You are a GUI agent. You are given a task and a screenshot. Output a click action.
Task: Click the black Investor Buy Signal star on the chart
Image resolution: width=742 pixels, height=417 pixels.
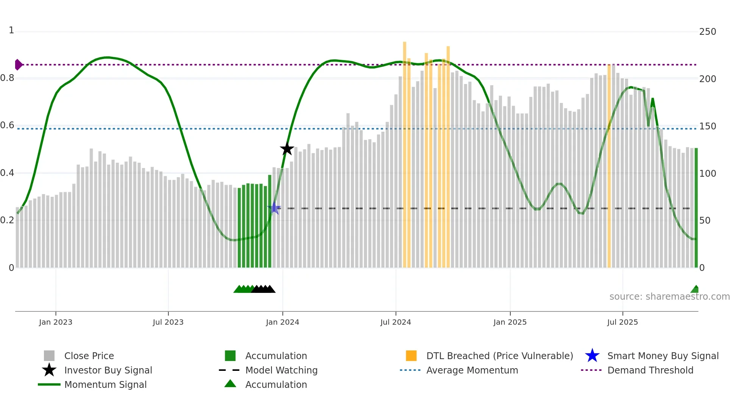(287, 149)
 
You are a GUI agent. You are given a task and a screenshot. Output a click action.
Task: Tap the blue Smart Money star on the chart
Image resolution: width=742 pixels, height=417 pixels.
(274, 208)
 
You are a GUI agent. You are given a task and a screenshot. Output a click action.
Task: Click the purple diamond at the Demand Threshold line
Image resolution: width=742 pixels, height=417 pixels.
(18, 65)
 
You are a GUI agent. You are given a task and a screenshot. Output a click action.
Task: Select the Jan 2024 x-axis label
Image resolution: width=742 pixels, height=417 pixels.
(282, 322)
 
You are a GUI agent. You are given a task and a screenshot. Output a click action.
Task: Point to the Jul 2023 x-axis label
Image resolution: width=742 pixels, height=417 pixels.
(168, 322)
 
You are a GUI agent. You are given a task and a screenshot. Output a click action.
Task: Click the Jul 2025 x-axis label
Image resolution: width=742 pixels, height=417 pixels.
(622, 322)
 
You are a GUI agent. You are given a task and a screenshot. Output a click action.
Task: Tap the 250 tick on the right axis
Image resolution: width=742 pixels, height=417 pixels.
(707, 32)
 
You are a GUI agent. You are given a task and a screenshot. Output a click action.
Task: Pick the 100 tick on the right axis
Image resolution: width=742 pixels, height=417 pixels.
(707, 174)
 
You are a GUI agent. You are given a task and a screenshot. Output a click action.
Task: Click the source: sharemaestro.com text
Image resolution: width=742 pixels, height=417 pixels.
(669, 297)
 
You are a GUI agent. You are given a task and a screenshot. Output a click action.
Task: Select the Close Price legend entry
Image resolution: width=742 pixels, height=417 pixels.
(89, 356)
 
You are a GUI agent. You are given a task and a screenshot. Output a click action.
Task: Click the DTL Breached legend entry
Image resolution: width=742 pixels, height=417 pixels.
(499, 356)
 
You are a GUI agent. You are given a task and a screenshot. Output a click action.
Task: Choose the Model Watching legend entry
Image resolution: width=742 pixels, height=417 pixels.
(281, 370)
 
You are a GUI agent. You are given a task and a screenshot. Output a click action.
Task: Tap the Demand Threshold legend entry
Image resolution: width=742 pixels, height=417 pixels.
(650, 370)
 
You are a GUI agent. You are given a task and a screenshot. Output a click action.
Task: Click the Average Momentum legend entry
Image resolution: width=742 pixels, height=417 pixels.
(472, 370)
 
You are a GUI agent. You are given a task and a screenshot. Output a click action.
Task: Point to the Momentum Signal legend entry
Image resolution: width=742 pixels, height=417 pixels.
(105, 384)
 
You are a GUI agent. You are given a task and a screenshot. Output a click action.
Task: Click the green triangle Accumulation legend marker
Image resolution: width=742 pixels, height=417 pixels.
(230, 384)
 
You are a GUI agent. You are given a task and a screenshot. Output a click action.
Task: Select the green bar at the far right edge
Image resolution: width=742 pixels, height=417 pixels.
(696, 208)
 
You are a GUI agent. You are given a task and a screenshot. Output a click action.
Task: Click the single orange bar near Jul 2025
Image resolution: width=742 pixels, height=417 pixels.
(609, 166)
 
